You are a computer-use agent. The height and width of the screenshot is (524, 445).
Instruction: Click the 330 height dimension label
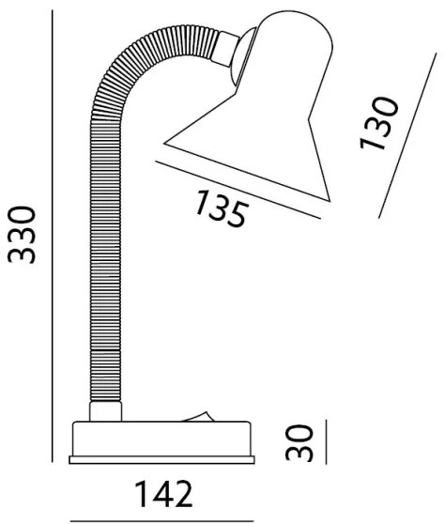[22, 235]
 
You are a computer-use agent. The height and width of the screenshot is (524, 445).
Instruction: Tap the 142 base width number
[163, 494]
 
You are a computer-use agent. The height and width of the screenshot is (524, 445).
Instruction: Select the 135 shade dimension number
[222, 208]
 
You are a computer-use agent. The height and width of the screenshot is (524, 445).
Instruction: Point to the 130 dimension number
[379, 123]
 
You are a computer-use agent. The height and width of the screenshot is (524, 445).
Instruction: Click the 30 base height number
[299, 442]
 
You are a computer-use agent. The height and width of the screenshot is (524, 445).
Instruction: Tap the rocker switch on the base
[198, 416]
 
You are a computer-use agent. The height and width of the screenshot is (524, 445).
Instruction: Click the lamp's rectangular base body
[161, 439]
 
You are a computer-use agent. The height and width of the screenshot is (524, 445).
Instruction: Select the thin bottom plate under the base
[161, 460]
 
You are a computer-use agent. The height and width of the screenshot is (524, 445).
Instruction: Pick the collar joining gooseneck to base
[105, 411]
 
